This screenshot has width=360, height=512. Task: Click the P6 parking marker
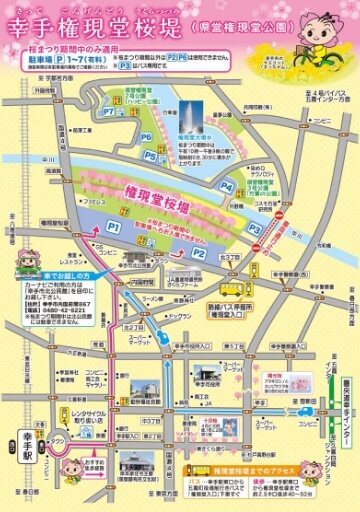coord(146,137)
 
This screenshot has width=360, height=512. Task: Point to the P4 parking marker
coord(226,186)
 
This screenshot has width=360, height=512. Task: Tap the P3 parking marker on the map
coord(255,229)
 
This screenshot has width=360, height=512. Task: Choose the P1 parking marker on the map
coord(86,229)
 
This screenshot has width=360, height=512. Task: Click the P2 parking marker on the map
coord(199,253)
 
